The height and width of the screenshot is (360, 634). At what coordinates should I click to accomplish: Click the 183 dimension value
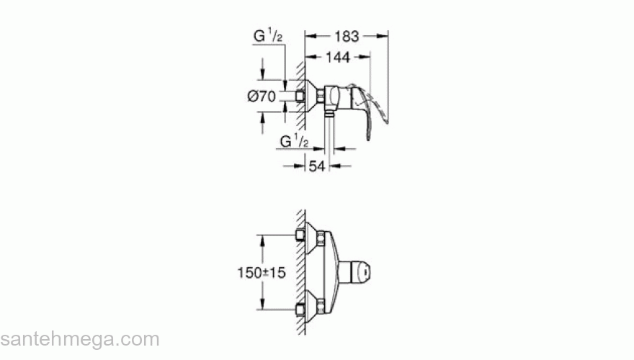[347, 35]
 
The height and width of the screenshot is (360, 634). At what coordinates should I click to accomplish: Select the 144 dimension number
[339, 56]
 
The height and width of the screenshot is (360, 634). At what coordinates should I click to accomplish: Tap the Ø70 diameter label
[262, 97]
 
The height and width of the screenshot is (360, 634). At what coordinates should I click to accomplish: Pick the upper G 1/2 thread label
[268, 35]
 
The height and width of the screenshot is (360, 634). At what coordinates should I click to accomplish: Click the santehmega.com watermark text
[79, 339]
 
